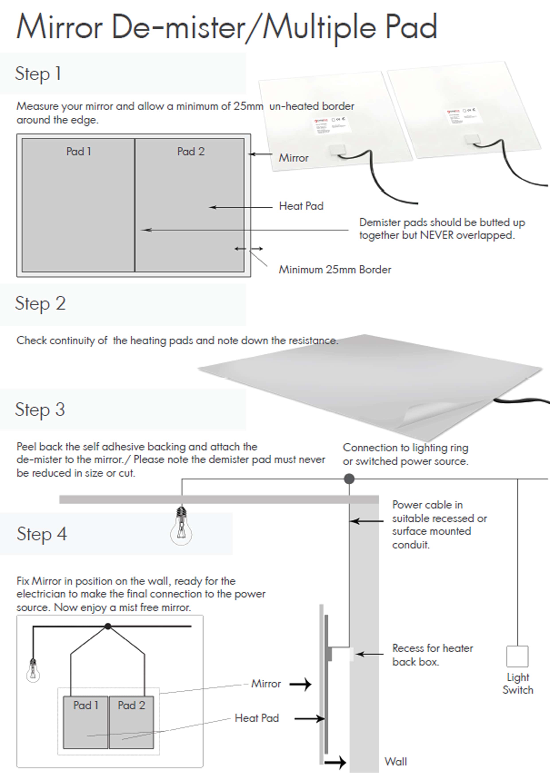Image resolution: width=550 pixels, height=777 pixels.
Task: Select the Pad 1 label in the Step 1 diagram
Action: (79, 151)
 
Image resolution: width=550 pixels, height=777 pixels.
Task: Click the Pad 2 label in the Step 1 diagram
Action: (191, 151)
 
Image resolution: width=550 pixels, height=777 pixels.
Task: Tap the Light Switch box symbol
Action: (517, 656)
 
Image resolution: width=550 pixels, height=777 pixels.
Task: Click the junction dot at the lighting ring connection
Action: (349, 479)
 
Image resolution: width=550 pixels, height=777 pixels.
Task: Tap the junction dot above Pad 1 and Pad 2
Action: (108, 626)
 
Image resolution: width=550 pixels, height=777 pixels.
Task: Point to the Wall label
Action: (395, 761)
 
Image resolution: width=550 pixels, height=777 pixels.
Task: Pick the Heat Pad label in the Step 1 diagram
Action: (301, 206)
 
